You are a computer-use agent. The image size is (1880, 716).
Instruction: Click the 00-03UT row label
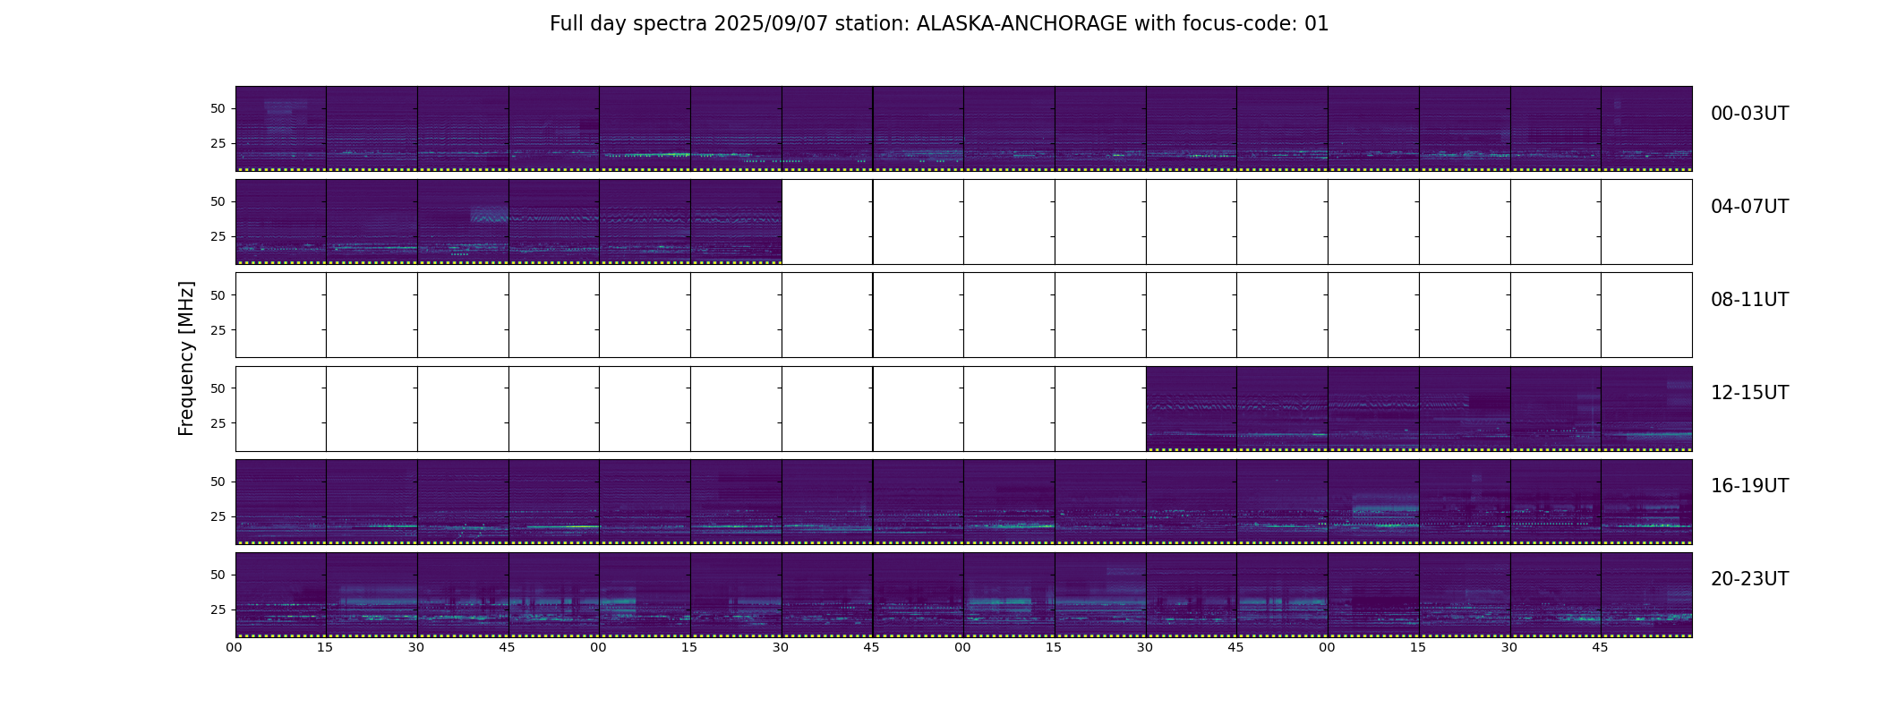point(1749,114)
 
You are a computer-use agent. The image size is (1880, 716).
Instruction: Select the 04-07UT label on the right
point(1749,207)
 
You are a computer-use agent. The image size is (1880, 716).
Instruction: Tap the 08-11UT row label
point(1749,300)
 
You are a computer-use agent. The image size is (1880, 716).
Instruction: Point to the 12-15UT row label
point(1749,393)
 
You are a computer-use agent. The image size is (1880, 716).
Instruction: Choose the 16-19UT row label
point(1749,486)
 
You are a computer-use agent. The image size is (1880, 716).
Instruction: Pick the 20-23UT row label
point(1749,579)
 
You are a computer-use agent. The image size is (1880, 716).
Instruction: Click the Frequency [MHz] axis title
point(186,358)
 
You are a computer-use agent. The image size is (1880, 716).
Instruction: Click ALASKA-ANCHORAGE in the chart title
point(1021,24)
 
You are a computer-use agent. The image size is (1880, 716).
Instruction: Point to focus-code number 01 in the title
point(1317,24)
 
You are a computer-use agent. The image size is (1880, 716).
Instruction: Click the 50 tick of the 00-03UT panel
point(218,109)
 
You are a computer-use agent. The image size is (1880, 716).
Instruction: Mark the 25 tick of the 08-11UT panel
point(218,330)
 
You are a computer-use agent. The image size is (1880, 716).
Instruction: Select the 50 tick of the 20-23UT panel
point(218,575)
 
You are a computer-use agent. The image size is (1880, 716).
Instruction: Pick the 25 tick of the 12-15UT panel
point(218,423)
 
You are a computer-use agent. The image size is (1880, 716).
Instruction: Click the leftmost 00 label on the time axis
point(235,648)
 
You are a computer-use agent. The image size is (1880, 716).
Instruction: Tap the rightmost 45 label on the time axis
point(1601,648)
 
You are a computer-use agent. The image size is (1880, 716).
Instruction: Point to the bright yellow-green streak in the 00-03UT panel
point(649,155)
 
